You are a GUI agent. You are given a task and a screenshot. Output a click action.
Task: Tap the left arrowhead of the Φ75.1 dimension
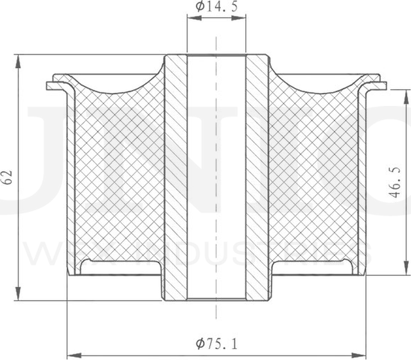pyautogui.click(x=71, y=354)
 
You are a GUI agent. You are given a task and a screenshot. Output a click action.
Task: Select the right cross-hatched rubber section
pyautogui.click(x=315, y=180)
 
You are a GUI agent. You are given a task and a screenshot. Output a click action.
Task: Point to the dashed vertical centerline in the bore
pyautogui.click(x=215, y=180)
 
